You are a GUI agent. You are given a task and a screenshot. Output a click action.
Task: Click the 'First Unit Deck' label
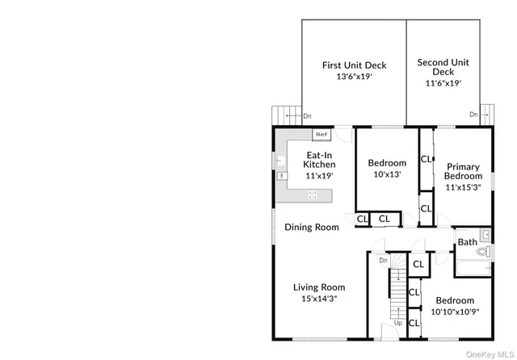pyautogui.click(x=354, y=65)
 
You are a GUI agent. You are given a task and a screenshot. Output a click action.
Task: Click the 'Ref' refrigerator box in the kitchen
pyautogui.click(x=321, y=134)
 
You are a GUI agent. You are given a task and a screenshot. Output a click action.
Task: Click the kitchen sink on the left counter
pyautogui.click(x=281, y=173)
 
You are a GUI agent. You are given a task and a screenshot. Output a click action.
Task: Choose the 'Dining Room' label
pyautogui.click(x=312, y=227)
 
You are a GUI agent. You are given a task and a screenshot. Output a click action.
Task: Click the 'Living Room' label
pyautogui.click(x=318, y=287)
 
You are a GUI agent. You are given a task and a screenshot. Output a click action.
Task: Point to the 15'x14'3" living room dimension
pyautogui.click(x=318, y=299)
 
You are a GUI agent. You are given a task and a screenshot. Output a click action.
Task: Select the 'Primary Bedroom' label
pyautogui.click(x=464, y=171)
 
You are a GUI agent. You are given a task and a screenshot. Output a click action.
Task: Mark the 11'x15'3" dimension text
pyautogui.click(x=464, y=187)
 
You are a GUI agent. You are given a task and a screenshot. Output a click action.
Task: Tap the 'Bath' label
pyautogui.click(x=468, y=241)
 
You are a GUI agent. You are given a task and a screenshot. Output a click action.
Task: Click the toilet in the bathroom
pyautogui.click(x=482, y=253)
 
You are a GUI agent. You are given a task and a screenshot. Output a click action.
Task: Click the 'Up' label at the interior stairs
pyautogui.click(x=398, y=323)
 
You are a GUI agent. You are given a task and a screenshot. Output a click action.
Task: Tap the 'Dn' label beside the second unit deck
pyautogui.click(x=473, y=115)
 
